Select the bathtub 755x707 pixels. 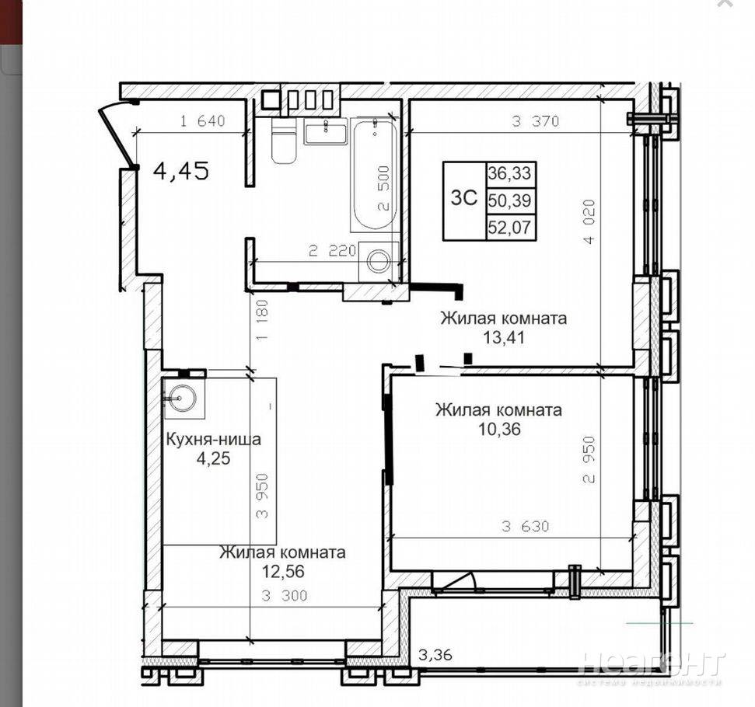[374, 174]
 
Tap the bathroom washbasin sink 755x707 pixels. [325, 133]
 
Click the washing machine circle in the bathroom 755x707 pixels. [379, 261]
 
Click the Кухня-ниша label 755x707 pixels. [213, 440]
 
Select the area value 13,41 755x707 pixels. [504, 337]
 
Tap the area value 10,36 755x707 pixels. [499, 428]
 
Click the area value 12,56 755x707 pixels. [283, 571]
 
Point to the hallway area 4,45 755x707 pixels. [181, 171]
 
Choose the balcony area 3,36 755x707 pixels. [435, 655]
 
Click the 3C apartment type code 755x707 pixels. [464, 198]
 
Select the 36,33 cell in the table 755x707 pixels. [510, 172]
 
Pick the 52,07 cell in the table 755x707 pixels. [510, 227]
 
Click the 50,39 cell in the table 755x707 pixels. [510, 200]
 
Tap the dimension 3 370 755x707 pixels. [536, 120]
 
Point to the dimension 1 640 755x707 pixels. [202, 120]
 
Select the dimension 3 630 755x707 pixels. [525, 527]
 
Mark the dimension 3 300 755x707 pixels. [284, 596]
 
